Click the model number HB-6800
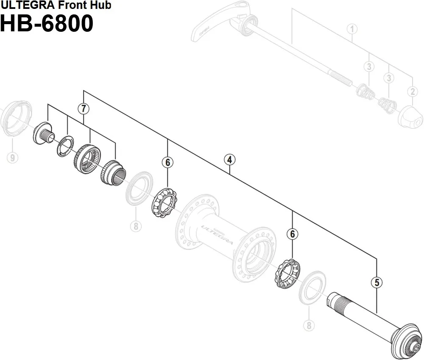click(x=47, y=24)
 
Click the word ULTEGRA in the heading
click(x=26, y=5)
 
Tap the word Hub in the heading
click(x=102, y=5)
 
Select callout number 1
click(x=352, y=29)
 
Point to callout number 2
click(x=412, y=91)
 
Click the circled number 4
click(x=229, y=160)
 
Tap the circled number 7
click(x=84, y=109)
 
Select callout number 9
click(x=12, y=158)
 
